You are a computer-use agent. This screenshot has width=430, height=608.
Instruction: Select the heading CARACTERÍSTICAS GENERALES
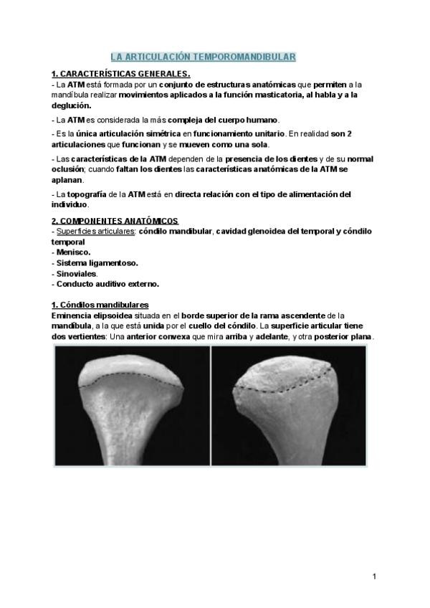point(121,74)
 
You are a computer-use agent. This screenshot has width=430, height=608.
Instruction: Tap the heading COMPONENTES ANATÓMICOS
point(115,219)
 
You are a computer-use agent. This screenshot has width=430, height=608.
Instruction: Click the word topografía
point(86,194)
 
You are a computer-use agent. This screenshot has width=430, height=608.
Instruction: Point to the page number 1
point(374,576)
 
